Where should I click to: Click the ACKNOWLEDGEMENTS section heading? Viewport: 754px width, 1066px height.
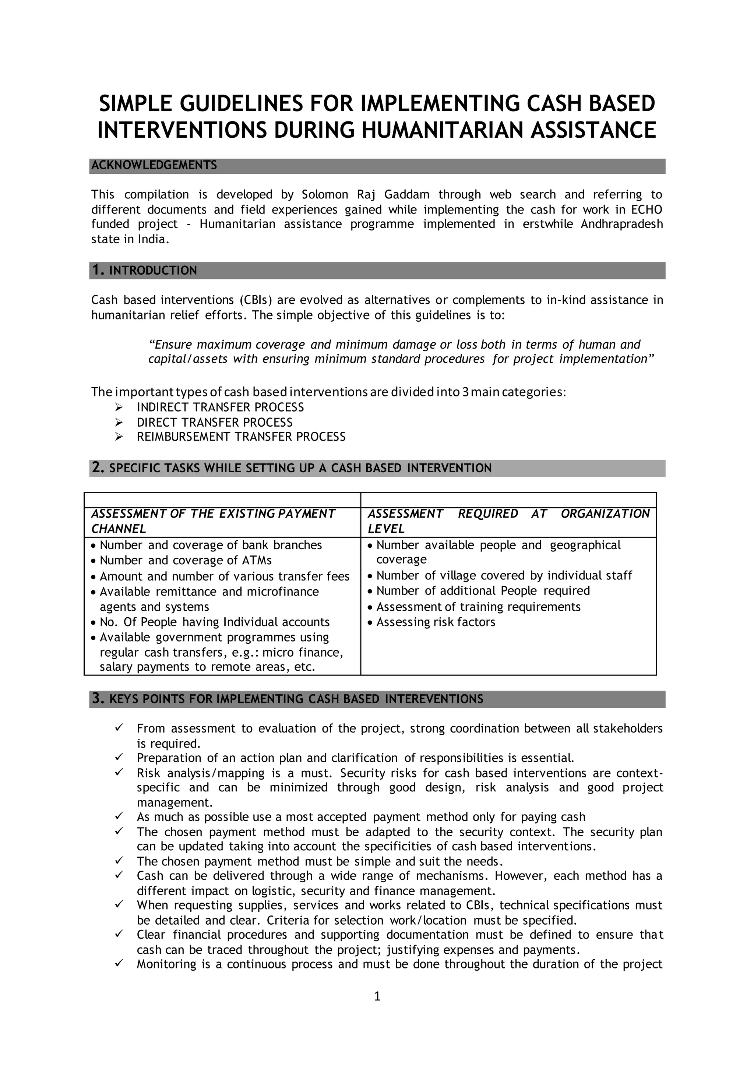pos(154,165)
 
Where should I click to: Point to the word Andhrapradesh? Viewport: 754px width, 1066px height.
pos(622,224)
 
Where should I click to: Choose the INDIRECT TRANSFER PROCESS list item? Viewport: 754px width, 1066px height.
pos(220,407)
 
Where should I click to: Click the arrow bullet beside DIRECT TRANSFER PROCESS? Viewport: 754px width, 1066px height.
pos(119,422)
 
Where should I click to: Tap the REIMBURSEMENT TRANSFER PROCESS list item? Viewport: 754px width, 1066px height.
pos(241,437)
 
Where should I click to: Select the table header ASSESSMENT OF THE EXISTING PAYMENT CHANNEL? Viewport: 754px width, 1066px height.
pos(213,521)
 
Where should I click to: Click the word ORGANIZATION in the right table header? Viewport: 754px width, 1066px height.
pos(605,513)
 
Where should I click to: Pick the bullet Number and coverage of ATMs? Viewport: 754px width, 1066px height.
pos(186,560)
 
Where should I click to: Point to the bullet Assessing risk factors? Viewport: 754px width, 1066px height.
pos(436,622)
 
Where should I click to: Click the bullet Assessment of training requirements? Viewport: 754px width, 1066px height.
pos(478,607)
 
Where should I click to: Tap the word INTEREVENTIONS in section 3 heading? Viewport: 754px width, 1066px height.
pos(434,699)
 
